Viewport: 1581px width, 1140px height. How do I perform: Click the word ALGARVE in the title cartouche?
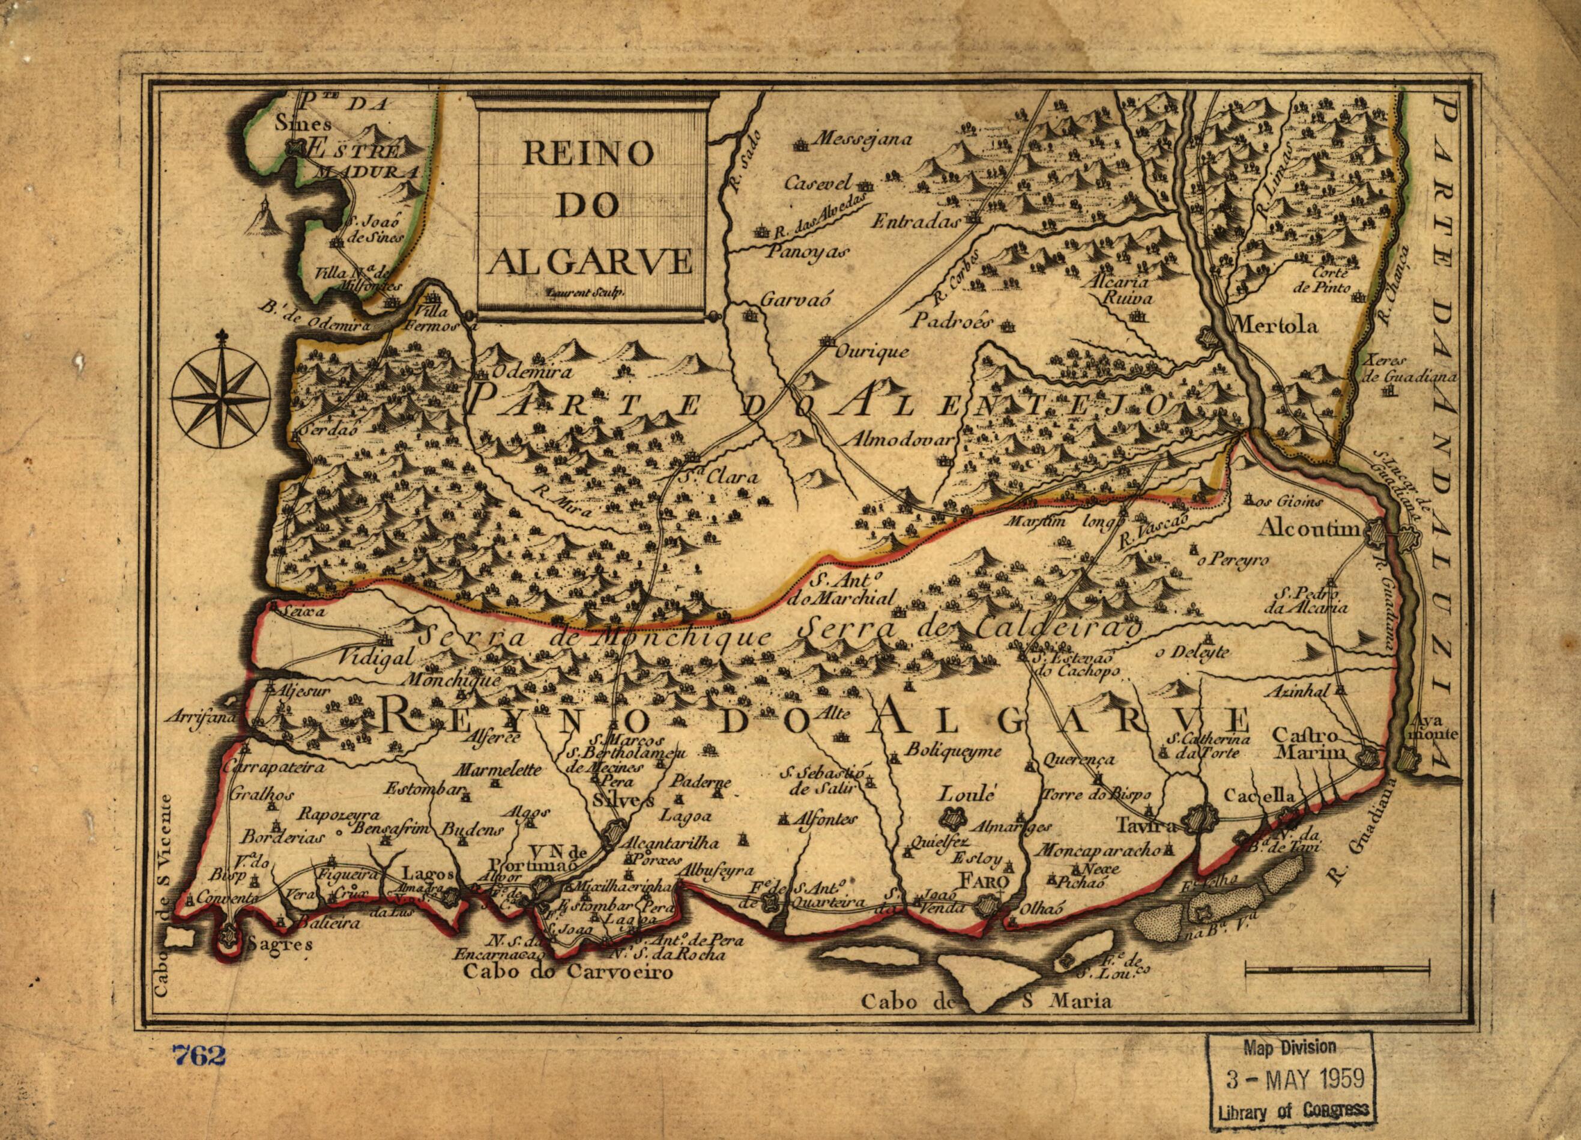590,261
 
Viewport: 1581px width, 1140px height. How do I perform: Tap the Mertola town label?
1276,326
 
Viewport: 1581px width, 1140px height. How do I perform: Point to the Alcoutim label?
1308,529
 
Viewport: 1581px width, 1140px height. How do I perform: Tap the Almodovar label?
901,440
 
